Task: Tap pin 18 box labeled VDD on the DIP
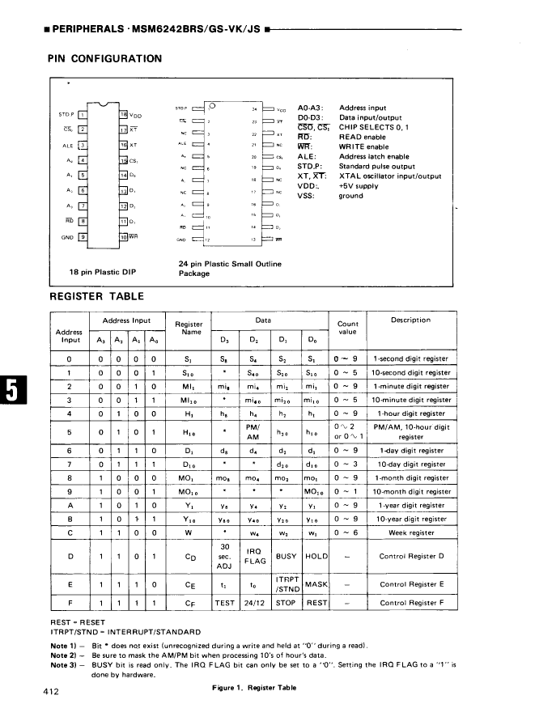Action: click(123, 114)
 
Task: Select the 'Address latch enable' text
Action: click(375, 156)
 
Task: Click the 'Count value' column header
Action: click(347, 328)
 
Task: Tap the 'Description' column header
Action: click(410, 320)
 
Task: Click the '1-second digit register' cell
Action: click(410, 358)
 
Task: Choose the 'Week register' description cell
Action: click(410, 532)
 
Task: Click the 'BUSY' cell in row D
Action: click(286, 557)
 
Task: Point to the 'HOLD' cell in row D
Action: click(315, 557)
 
